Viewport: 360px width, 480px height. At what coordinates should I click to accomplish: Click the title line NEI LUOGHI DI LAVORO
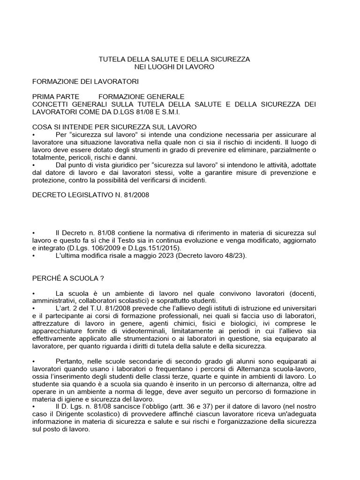tap(174, 67)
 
